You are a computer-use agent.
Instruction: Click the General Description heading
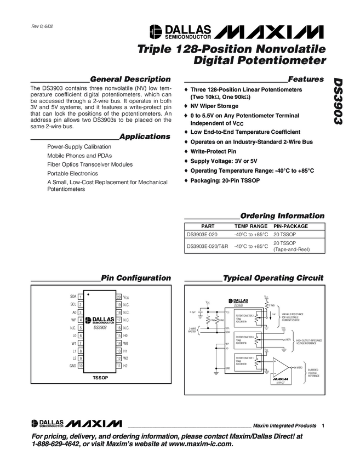point(130,79)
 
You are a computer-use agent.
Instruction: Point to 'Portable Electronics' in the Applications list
point(72,173)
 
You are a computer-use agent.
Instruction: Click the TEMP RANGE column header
point(250,226)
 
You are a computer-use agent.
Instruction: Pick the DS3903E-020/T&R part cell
point(207,247)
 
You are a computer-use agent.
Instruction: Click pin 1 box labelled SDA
point(80,297)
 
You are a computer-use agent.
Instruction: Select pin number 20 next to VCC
point(118,297)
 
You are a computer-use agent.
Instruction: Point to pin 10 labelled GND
point(80,365)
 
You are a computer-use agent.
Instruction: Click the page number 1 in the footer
point(324,425)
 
